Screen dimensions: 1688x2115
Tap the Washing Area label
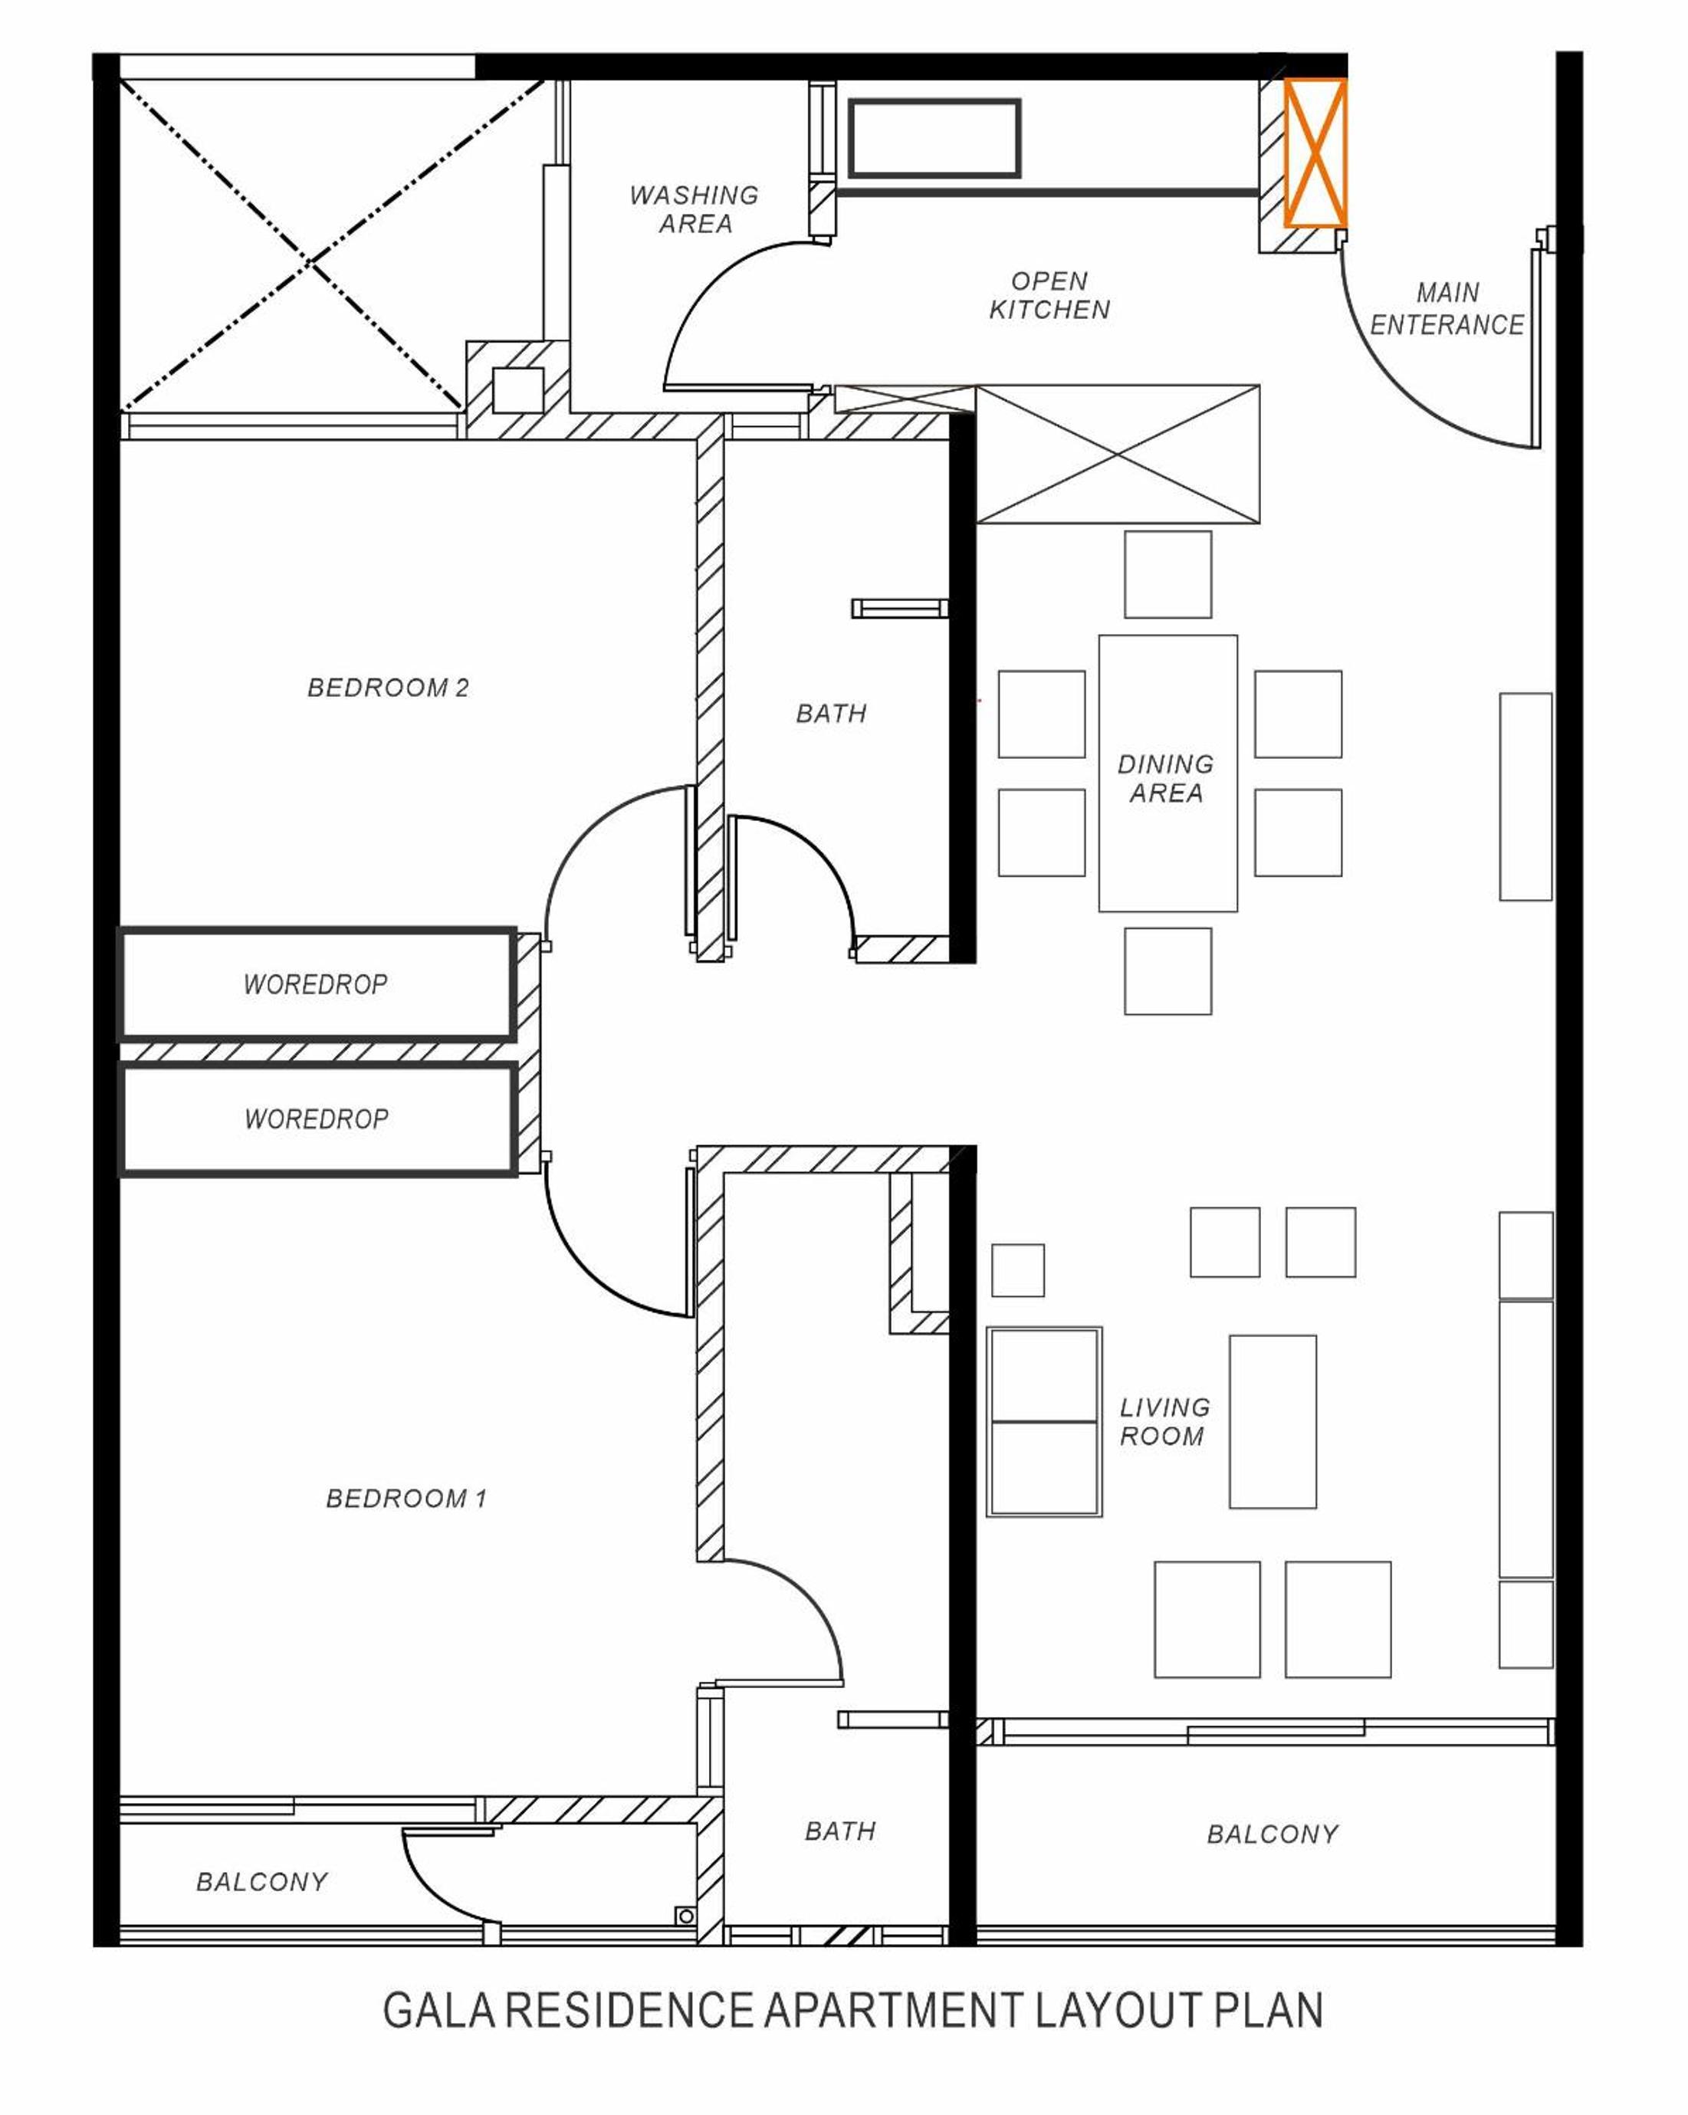[695, 209]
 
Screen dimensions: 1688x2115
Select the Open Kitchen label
[1049, 295]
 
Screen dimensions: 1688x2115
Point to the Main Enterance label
[1447, 308]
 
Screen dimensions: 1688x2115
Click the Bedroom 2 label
[389, 688]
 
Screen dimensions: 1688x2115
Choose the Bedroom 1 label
[406, 1498]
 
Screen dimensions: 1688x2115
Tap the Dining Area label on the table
[1166, 778]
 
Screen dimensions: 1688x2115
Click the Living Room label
[1164, 1421]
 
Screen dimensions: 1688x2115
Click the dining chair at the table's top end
[1167, 575]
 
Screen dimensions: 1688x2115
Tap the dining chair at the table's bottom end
[1167, 971]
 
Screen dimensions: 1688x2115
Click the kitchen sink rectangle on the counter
[934, 138]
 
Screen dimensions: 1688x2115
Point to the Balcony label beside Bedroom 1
[262, 1881]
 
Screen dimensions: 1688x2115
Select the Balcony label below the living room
[1272, 1834]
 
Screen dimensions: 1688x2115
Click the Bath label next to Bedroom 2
[832, 713]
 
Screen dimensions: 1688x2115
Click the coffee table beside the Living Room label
[1272, 1421]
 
